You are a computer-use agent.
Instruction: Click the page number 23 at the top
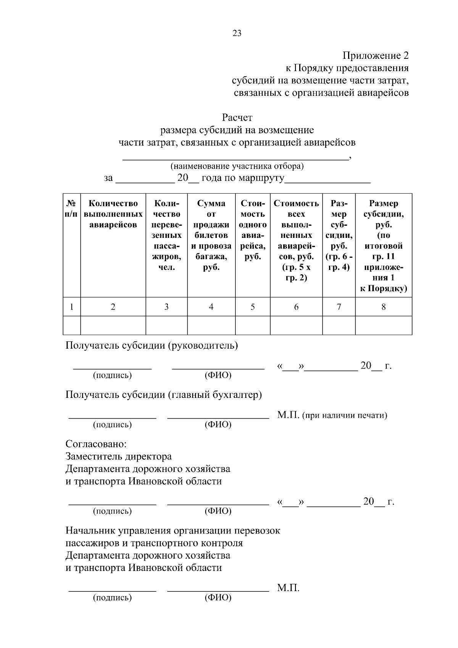237,33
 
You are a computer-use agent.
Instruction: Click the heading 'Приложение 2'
376,56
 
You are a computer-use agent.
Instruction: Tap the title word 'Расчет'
237,118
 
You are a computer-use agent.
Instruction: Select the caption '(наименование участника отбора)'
237,166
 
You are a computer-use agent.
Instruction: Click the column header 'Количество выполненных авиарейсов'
113,214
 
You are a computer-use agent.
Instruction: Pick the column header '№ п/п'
71,208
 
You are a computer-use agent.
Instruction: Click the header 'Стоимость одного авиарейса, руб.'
253,230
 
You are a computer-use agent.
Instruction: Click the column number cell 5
253,307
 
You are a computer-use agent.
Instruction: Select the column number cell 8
384,307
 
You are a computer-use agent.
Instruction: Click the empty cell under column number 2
113,325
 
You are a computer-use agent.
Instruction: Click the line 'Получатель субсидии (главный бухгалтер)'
163,394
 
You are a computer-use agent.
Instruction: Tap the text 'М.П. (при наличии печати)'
332,415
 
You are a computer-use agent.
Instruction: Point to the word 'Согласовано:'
96,444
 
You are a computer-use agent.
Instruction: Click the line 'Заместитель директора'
118,456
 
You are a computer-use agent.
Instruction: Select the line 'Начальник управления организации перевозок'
173,531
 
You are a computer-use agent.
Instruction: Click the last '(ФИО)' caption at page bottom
218,597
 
